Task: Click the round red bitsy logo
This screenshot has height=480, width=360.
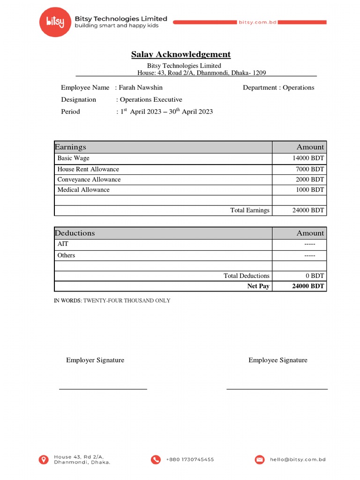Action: pyautogui.click(x=55, y=22)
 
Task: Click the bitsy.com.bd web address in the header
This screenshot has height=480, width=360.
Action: pyautogui.click(x=258, y=22)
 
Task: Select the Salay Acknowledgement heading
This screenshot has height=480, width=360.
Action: pyautogui.click(x=180, y=54)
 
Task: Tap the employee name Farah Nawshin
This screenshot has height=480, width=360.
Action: pyautogui.click(x=141, y=88)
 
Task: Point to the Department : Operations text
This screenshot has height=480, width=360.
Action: pyautogui.click(x=278, y=88)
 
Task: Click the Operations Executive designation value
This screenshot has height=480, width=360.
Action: pyautogui.click(x=151, y=99)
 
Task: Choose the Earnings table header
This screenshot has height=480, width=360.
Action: pyautogui.click(x=70, y=147)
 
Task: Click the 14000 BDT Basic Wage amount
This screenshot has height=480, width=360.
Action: pyautogui.click(x=308, y=158)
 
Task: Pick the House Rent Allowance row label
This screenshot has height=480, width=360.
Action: pyautogui.click(x=88, y=169)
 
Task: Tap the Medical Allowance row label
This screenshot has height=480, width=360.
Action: pyautogui.click(x=83, y=190)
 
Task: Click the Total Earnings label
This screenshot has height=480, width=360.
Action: pyautogui.click(x=250, y=210)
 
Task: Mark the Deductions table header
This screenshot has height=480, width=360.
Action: pyautogui.click(x=75, y=233)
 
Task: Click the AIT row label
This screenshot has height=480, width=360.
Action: pyautogui.click(x=63, y=244)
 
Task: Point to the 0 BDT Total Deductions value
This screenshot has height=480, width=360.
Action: pyautogui.click(x=314, y=276)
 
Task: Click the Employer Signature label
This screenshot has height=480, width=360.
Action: pyautogui.click(x=95, y=360)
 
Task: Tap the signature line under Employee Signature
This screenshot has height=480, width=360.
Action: pyautogui.click(x=277, y=389)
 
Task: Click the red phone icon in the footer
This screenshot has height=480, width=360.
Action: pyautogui.click(x=156, y=460)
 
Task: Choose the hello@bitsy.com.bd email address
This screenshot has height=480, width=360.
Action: pyautogui.click(x=297, y=460)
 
